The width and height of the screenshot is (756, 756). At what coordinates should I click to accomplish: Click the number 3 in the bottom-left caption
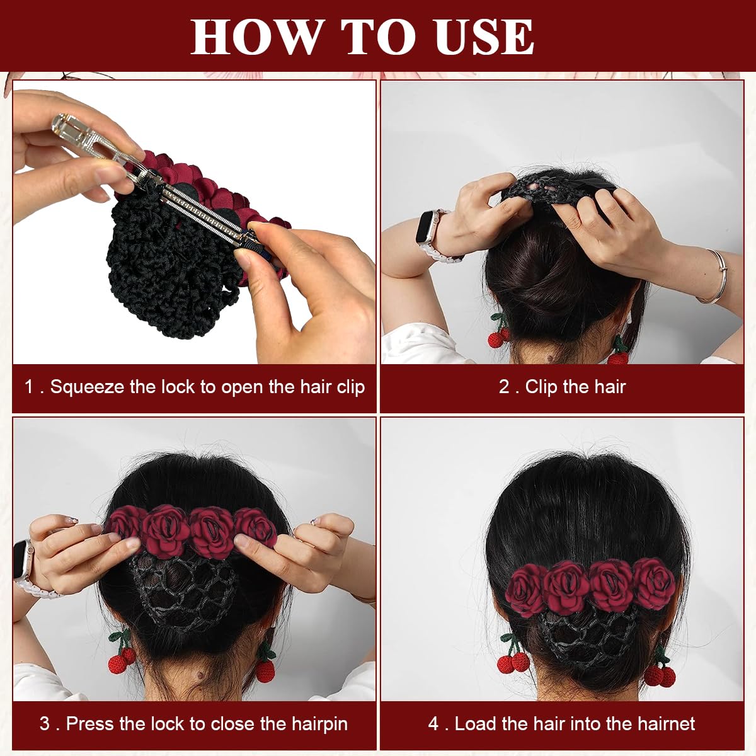coord(45,723)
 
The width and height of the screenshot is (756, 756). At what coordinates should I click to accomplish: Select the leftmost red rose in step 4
coord(523,590)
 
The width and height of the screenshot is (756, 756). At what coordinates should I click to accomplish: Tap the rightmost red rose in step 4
coord(655,582)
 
